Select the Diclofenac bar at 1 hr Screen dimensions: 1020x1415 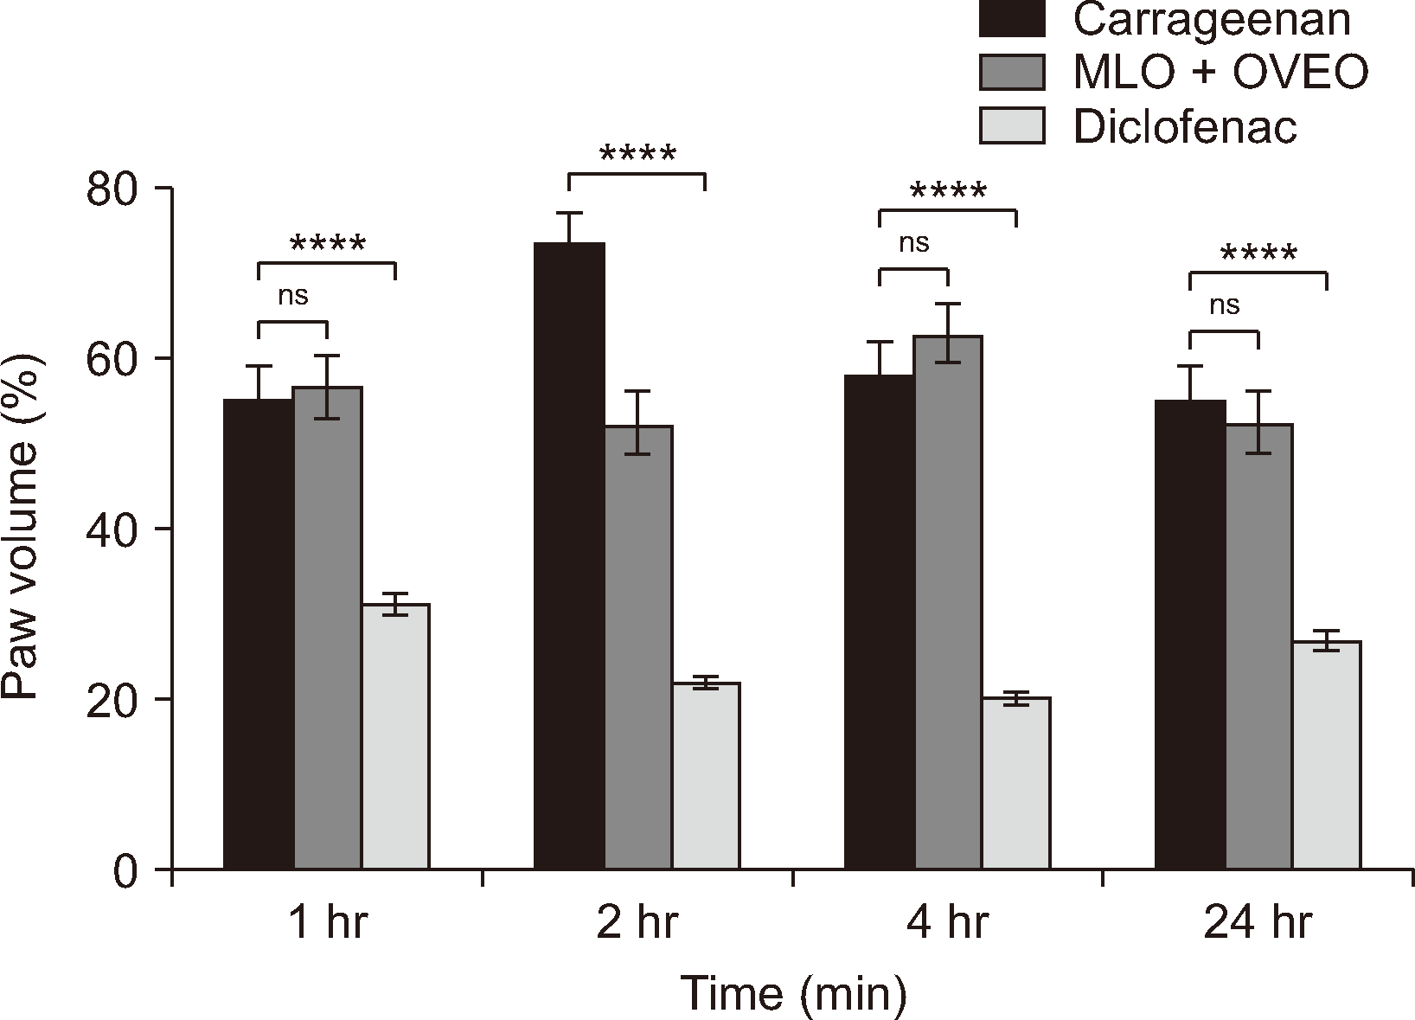click(395, 736)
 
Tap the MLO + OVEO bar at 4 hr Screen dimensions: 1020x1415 click(947, 602)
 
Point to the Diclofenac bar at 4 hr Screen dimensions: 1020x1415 click(1015, 783)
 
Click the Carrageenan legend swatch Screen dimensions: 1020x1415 click(1011, 19)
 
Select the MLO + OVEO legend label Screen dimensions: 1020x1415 click(1220, 73)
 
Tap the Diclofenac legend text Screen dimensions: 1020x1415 click(1185, 128)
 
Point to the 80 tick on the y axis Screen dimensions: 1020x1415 click(118, 189)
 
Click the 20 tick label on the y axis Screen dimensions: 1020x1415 click(118, 700)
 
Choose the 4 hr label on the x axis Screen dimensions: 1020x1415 click(947, 924)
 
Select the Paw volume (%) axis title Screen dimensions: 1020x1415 click(23, 528)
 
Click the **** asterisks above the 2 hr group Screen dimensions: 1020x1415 click(637, 156)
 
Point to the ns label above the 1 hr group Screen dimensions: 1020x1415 click(292, 296)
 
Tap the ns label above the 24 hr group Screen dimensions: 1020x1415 click(1224, 305)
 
